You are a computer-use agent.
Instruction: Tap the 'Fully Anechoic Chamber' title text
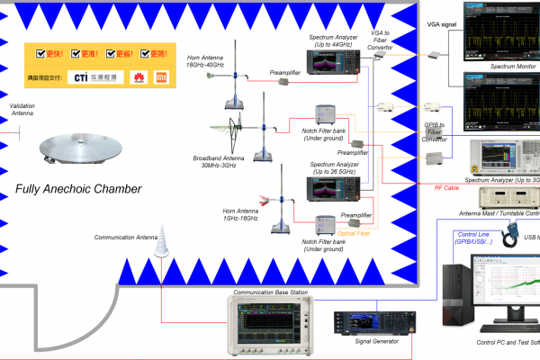pos(79,189)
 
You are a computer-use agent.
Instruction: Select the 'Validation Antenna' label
pos(22,110)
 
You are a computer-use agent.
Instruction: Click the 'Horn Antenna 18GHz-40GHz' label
pos(206,61)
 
